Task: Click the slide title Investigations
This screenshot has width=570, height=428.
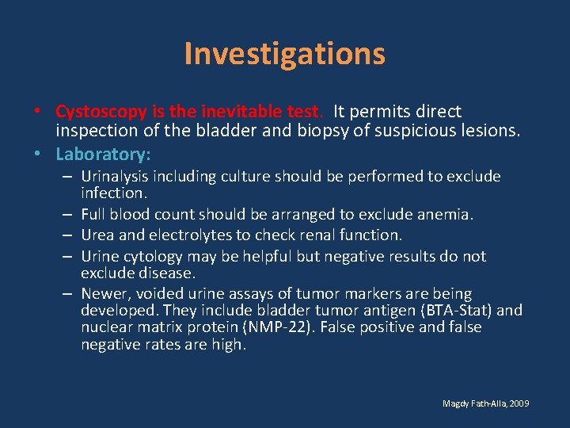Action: click(x=284, y=54)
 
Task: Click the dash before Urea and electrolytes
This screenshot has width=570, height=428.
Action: click(x=69, y=235)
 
